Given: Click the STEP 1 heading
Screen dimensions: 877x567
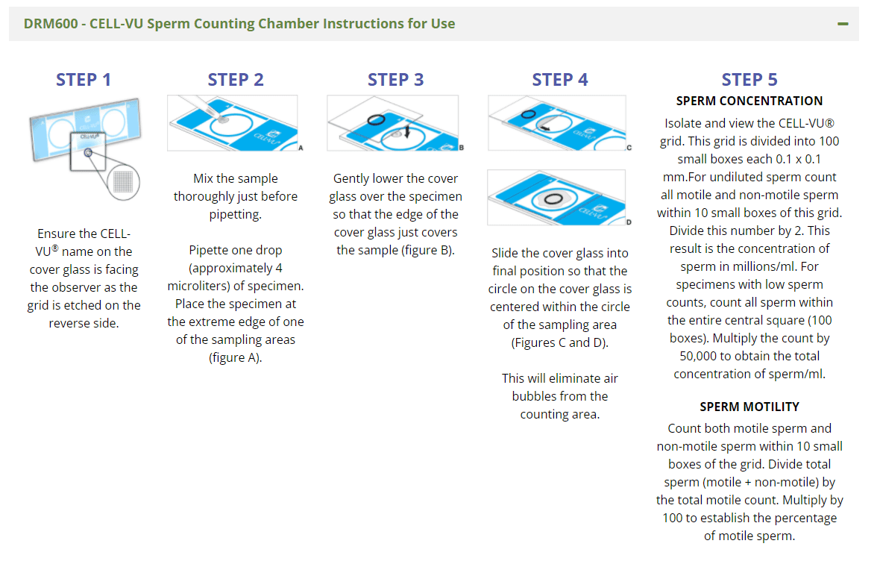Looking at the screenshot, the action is pyautogui.click(x=84, y=80).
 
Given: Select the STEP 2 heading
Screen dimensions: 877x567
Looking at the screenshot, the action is pyautogui.click(x=236, y=80).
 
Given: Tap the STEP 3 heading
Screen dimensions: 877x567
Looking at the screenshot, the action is pyautogui.click(x=395, y=80).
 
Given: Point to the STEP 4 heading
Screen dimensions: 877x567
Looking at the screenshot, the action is pyautogui.click(x=560, y=80).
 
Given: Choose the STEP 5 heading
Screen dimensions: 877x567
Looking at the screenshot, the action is pyautogui.click(x=749, y=80).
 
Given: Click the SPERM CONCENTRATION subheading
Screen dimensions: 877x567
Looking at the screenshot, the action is pyautogui.click(x=749, y=101).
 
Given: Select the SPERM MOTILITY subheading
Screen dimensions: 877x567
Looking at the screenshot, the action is pyautogui.click(x=749, y=407).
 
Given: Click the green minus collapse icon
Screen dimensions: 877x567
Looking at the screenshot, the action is pyautogui.click(x=843, y=24).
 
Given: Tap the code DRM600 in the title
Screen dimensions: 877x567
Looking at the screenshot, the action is pyautogui.click(x=51, y=24).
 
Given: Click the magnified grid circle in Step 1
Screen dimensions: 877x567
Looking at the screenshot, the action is pyautogui.click(x=123, y=182).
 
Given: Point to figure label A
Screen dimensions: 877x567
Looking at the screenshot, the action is pyautogui.click(x=301, y=148).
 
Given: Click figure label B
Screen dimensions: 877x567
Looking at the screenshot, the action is pyautogui.click(x=462, y=148).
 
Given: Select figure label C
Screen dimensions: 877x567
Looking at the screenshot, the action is pyautogui.click(x=629, y=148).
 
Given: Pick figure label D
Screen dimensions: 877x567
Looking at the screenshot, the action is pyautogui.click(x=629, y=222).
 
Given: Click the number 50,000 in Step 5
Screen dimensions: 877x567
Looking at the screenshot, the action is pyautogui.click(x=701, y=356).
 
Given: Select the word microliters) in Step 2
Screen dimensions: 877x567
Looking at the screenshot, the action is pyautogui.click(x=198, y=286).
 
